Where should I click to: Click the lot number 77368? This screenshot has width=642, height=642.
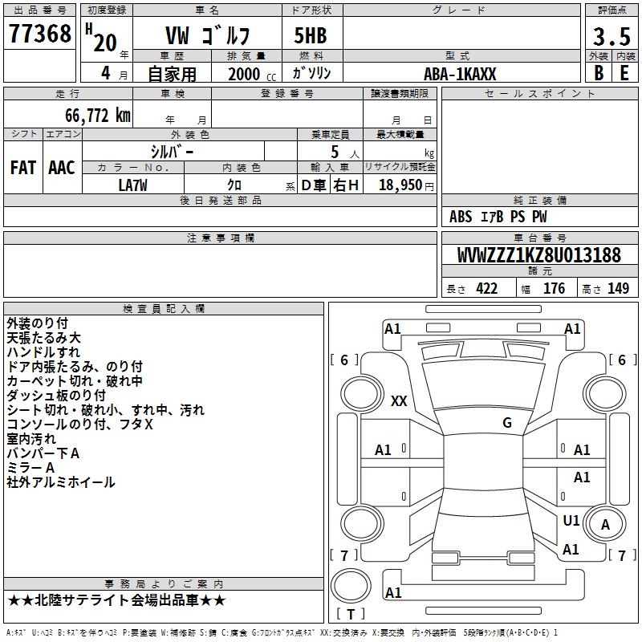[39, 35]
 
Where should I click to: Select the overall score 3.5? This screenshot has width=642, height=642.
[611, 36]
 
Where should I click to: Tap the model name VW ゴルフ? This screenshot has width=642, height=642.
[208, 36]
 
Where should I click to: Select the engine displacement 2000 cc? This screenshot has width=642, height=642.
[251, 74]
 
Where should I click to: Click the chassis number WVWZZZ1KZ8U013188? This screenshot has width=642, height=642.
[538, 256]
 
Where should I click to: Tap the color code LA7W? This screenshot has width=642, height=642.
[133, 184]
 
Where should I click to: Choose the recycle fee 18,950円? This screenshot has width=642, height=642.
[400, 185]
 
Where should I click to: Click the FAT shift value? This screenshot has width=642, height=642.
[23, 168]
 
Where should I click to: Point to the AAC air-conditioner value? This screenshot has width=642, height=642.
[62, 168]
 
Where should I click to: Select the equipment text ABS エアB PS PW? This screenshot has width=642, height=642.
[498, 217]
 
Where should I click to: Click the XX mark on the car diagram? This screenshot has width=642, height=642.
[399, 401]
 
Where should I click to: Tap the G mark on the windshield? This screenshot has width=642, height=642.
[507, 423]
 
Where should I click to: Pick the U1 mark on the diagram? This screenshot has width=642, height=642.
[571, 521]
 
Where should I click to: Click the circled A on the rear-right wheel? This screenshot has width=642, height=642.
[606, 525]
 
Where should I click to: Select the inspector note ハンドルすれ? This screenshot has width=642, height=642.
[43, 352]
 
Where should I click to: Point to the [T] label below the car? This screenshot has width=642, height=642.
[351, 615]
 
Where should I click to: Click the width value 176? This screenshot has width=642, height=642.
[554, 289]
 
